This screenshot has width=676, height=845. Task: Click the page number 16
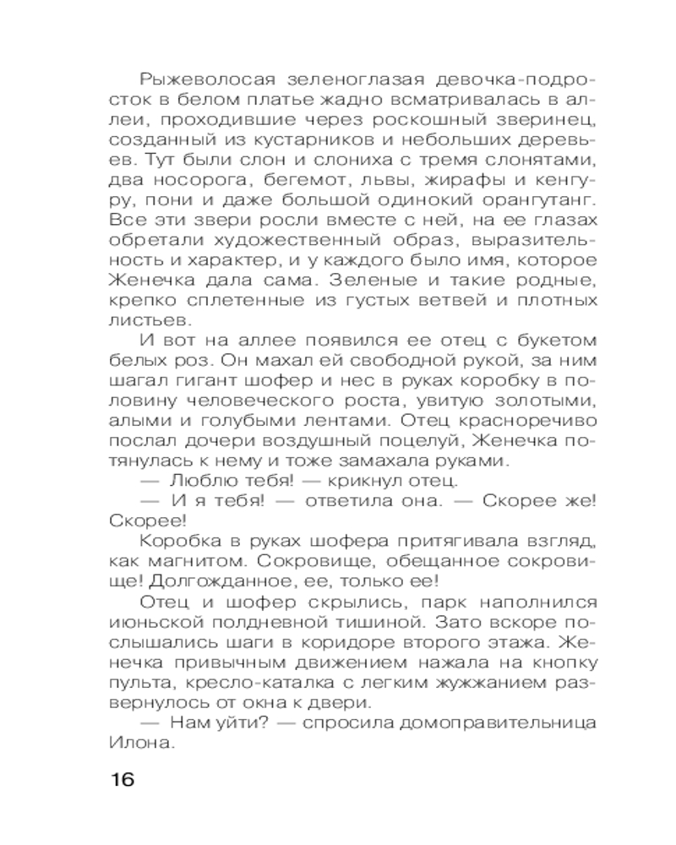click(122, 778)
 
